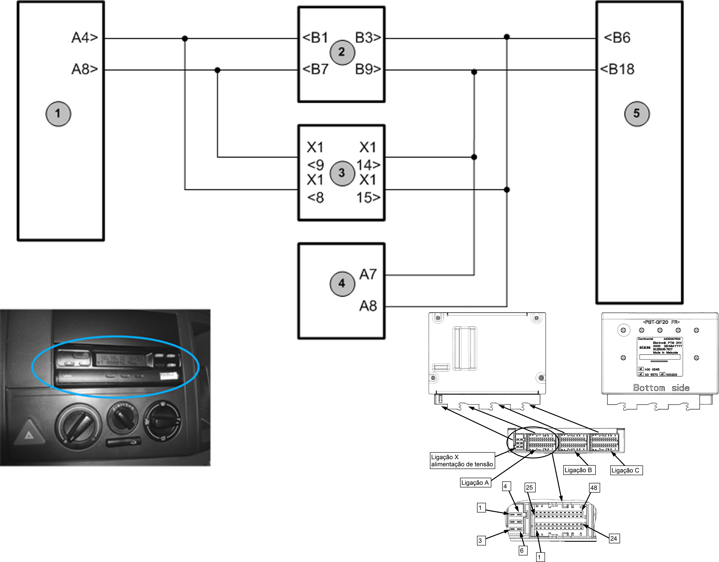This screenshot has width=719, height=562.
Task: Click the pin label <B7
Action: [x=315, y=69]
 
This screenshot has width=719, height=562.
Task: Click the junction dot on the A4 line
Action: [x=185, y=39]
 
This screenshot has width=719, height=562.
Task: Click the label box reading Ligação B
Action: [x=578, y=470]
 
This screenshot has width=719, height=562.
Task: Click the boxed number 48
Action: [x=594, y=488]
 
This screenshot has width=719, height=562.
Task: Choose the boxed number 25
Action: [x=529, y=487]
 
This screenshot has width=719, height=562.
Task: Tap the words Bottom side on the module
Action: [x=661, y=388]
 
